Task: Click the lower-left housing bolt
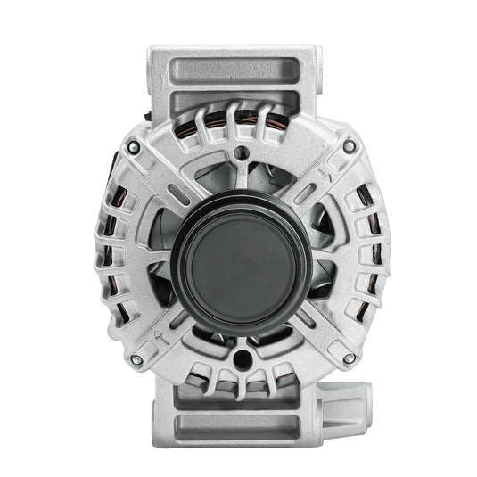pos(136,360)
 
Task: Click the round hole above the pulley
pos(240,153)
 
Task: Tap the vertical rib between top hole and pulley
pos(240,176)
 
